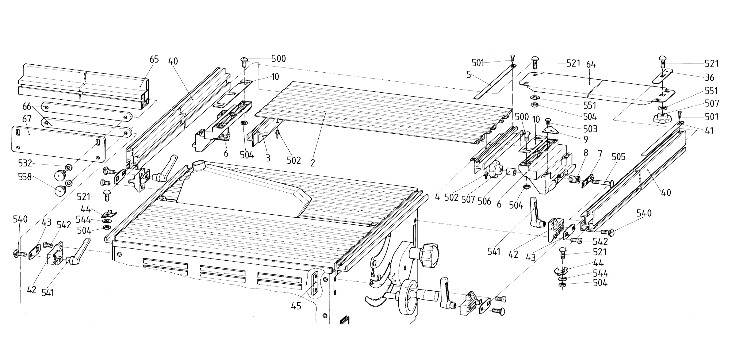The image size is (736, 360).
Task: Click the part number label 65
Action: click(x=154, y=59)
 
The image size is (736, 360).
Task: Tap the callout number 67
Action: click(x=27, y=119)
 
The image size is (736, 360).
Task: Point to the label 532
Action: click(x=25, y=163)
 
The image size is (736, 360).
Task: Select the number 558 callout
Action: click(x=25, y=177)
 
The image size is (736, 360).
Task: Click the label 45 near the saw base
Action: click(x=296, y=306)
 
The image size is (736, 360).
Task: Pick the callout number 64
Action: click(x=591, y=65)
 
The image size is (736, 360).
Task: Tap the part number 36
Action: click(x=709, y=77)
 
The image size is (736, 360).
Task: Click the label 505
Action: click(x=618, y=157)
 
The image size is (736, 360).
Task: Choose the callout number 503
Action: click(x=590, y=129)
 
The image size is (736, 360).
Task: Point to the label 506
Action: click(x=484, y=201)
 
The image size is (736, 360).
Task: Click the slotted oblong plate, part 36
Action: click(x=662, y=75)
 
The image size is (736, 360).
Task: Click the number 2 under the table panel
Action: click(x=312, y=163)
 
